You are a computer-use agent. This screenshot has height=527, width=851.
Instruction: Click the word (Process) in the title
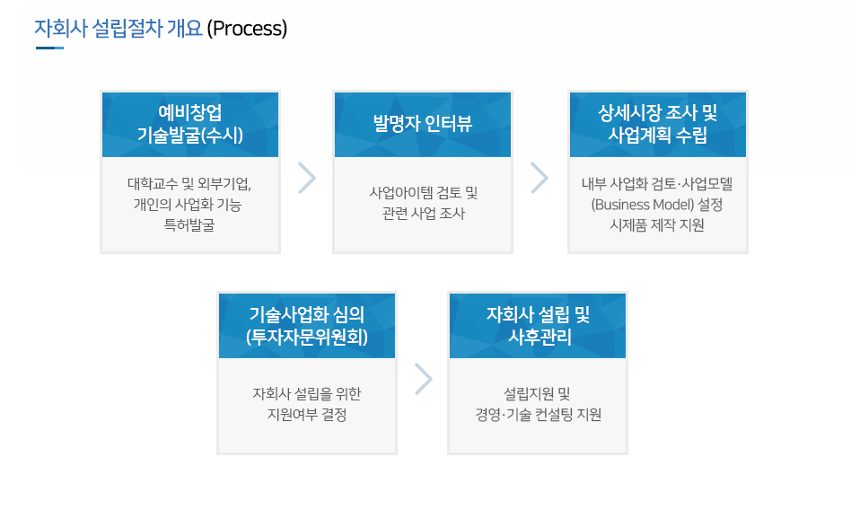click(247, 28)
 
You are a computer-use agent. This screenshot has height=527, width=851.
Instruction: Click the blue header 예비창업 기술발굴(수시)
click(190, 124)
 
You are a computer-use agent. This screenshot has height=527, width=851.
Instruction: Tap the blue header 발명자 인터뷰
click(423, 124)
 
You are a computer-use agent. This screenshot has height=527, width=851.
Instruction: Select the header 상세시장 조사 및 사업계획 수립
click(658, 124)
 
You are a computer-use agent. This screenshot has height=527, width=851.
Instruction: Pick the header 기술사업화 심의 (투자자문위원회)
click(307, 326)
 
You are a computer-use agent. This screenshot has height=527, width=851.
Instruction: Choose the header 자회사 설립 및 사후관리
click(538, 326)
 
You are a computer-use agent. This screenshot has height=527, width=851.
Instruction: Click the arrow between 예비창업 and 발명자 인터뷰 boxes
click(307, 178)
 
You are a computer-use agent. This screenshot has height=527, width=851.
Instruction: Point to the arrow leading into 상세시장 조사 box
click(540, 178)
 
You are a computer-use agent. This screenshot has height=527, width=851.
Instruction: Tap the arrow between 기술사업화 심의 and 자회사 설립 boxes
click(424, 379)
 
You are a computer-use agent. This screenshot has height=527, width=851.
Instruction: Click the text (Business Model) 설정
click(657, 205)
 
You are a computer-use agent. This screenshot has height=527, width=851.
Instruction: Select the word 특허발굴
click(189, 225)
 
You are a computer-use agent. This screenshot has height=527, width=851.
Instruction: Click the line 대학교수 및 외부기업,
click(189, 184)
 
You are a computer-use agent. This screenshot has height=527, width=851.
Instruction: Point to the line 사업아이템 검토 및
click(424, 193)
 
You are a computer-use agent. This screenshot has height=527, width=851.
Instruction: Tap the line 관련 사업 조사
click(424, 214)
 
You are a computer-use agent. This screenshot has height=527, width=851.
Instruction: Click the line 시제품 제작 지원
click(657, 225)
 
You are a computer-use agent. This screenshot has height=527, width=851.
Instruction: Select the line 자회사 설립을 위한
click(307, 394)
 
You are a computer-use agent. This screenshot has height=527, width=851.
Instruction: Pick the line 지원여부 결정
click(307, 415)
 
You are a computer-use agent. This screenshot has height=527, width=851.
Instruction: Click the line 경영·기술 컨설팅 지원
click(538, 415)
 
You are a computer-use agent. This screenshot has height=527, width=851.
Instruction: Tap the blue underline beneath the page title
click(50, 48)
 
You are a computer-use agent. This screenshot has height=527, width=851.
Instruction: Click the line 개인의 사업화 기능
click(188, 205)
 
